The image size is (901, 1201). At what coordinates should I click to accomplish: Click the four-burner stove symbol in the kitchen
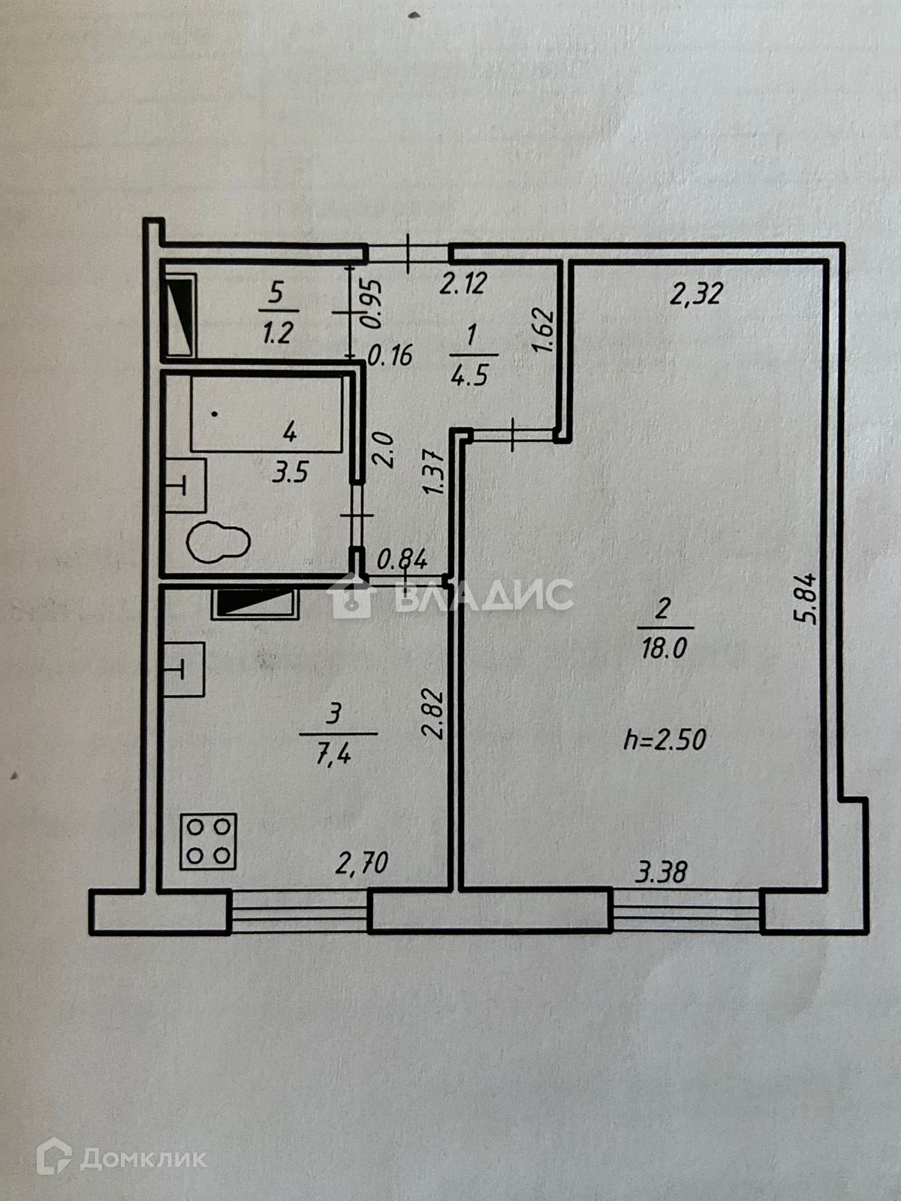click(209, 841)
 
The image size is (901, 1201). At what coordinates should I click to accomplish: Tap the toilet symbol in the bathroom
click(218, 541)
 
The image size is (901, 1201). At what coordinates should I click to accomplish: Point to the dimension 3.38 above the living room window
click(661, 872)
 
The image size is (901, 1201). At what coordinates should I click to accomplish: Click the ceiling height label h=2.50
click(665, 740)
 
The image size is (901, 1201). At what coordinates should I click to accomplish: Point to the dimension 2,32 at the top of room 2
click(696, 293)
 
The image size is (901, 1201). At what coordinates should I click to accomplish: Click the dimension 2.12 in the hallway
click(463, 284)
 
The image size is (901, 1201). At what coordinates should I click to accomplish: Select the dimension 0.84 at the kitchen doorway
click(402, 559)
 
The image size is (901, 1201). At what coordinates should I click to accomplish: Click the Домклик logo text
click(143, 1158)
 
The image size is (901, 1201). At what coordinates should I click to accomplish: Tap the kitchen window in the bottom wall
click(299, 911)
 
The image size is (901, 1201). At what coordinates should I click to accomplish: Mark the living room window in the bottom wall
click(686, 911)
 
